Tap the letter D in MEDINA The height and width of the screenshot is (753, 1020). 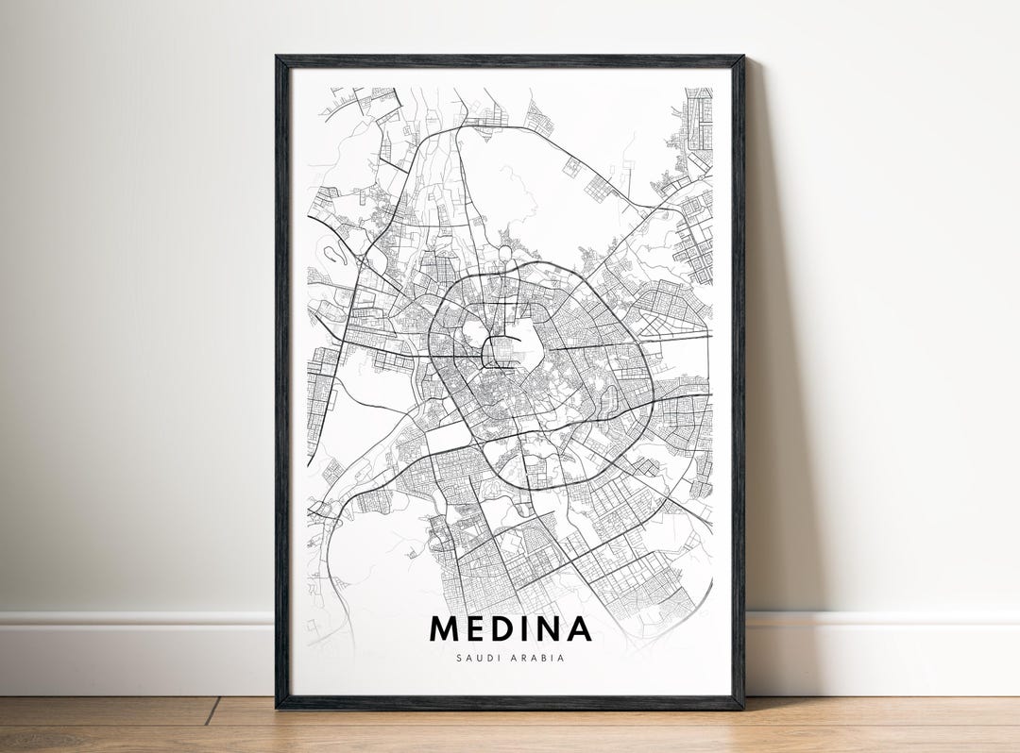[x=504, y=628]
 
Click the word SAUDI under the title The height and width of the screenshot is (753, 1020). [x=477, y=658]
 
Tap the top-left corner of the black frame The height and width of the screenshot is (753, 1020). [x=278, y=58]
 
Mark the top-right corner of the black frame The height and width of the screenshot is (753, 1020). [x=742, y=58]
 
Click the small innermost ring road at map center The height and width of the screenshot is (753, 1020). [x=501, y=350]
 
